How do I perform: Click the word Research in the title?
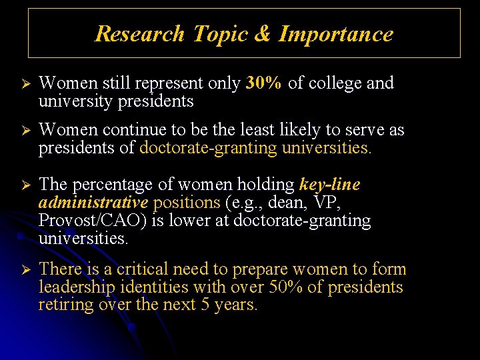(139, 33)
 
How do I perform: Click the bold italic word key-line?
(329, 185)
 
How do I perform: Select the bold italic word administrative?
(93, 202)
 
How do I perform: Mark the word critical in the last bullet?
(145, 269)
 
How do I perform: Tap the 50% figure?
(285, 287)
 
